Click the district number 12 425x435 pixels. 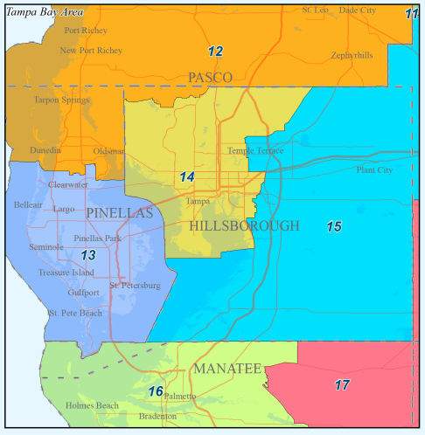[215, 52]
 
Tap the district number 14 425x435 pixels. [187, 177]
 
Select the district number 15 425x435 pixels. [333, 227]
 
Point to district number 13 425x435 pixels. [88, 256]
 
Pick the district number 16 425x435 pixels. [156, 391]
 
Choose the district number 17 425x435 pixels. [342, 384]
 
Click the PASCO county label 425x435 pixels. [210, 78]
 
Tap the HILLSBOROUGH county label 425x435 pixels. [244, 225]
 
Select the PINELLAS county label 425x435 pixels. [119, 213]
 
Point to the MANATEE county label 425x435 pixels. [227, 369]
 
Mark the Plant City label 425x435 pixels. [376, 170]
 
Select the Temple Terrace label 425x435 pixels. [255, 151]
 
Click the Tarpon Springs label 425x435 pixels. [60, 100]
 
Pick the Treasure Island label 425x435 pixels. [66, 273]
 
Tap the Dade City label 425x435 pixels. [359, 10]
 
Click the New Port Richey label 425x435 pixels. [91, 51]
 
